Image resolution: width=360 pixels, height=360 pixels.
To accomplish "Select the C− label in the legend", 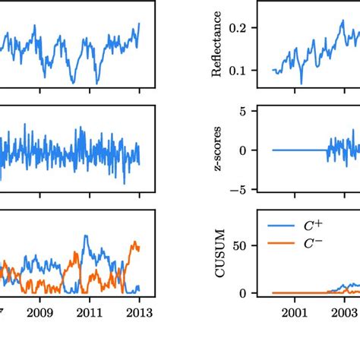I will [311, 242].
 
